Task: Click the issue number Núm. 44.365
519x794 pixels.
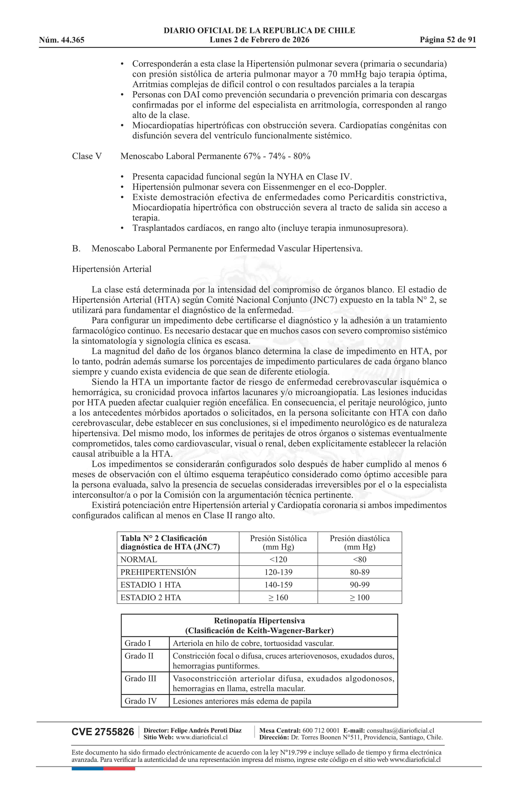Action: (62, 40)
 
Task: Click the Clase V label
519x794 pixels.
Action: (87, 156)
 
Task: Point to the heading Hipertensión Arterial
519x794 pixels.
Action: (112, 269)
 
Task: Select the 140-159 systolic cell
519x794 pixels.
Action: (278, 585)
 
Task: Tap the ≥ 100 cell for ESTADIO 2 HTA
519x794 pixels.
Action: (360, 598)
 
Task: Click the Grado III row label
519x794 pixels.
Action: (140, 679)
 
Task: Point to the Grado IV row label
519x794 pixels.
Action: (140, 701)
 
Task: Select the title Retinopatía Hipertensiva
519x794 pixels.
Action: (259, 621)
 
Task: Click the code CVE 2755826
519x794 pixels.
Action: (103, 732)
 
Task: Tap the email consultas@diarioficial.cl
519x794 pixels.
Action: (400, 731)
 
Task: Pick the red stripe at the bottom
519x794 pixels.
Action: (119, 769)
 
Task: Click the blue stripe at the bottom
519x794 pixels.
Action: (87, 769)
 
